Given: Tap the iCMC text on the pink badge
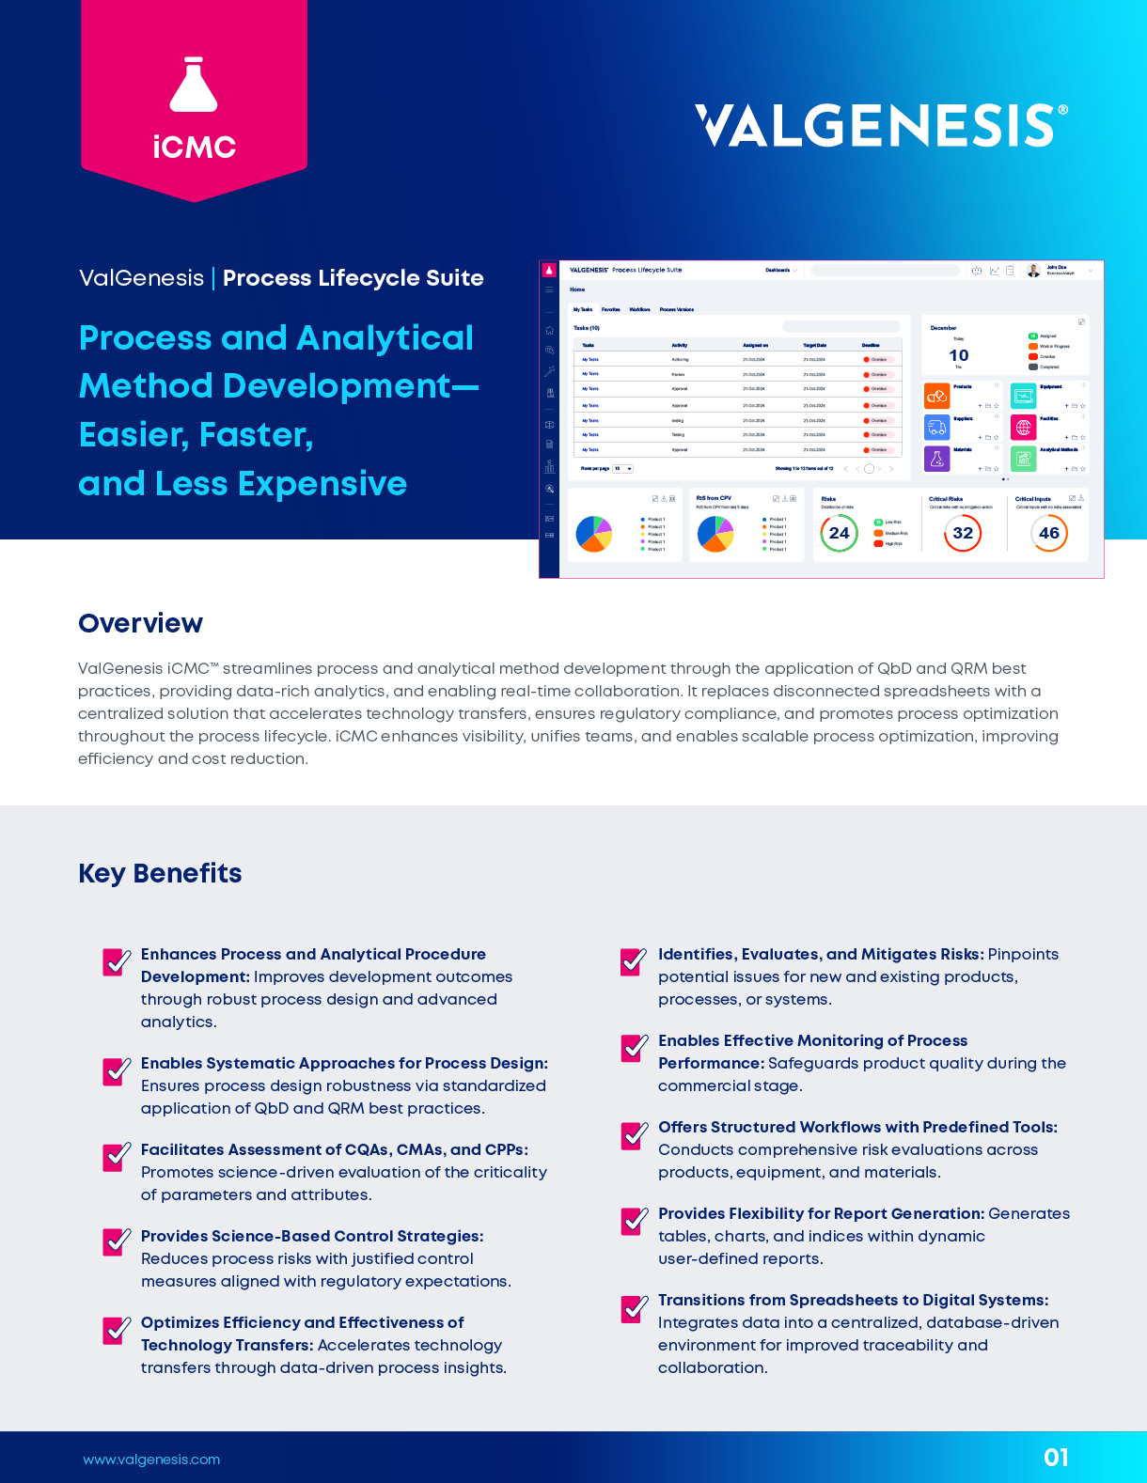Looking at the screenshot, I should coord(194,147).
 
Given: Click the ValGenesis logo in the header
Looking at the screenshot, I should coord(881,125).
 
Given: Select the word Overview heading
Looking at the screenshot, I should coord(140,623).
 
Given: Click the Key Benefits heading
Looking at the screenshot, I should coord(160,873).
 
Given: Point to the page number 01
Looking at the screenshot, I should coord(1056,1458).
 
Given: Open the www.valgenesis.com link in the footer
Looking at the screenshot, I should coord(151,1460).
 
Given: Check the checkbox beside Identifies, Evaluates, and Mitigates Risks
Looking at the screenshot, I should coord(634,961).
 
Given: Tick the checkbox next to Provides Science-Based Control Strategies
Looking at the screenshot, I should coord(117,1242).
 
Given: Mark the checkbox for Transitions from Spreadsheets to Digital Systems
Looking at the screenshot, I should coord(634,1307).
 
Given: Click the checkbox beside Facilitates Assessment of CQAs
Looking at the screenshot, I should coord(117,1156).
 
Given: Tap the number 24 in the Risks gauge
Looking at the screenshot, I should coord(839,534).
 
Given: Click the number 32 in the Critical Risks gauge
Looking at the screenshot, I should coord(963,534).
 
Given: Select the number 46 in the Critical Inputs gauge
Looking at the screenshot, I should coord(1049,534).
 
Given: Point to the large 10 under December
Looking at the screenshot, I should coord(959,355).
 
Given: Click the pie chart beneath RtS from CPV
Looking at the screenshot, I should coord(715,534).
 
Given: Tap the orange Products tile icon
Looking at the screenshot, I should coord(936,396).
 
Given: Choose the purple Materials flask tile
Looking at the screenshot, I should coord(936,459).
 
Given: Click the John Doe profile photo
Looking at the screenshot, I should coord(1033,271).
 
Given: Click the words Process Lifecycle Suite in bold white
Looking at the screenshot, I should coord(354,278).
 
